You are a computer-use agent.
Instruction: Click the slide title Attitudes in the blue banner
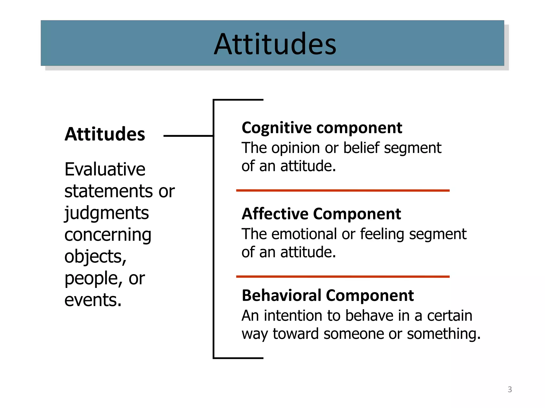click(x=275, y=44)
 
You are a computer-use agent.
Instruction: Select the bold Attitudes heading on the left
click(x=105, y=134)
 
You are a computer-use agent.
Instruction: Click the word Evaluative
click(x=105, y=169)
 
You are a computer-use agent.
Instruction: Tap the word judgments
click(x=106, y=213)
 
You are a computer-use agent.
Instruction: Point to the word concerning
click(x=108, y=235)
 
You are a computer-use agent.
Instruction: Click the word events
click(x=93, y=300)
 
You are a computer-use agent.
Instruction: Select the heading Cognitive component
click(x=322, y=128)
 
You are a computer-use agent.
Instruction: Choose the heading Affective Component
click(x=321, y=214)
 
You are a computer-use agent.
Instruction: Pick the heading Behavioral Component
click(x=328, y=295)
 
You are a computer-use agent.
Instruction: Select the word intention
click(x=293, y=316)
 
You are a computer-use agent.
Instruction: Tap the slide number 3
click(x=510, y=389)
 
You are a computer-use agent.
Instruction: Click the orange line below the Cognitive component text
click(x=343, y=190)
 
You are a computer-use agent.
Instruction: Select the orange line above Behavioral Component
click(x=343, y=277)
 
